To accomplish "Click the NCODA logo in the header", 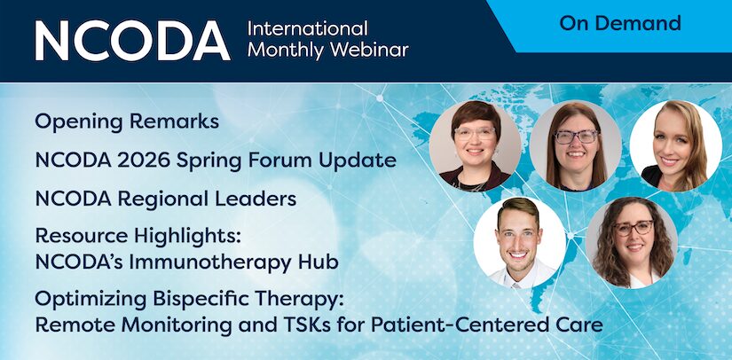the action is pos(132,41).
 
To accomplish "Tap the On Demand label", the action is pos(620,23).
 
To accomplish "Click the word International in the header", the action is pos(308,28).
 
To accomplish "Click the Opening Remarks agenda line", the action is pos(127,122).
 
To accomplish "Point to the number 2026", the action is pos(145,160).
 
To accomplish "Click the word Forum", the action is pos(280,160).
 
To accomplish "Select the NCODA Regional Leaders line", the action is pos(166,199).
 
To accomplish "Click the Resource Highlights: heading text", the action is pos(138,237).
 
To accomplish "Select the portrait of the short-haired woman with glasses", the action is pos(476,146).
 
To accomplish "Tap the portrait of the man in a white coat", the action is pos(520,243).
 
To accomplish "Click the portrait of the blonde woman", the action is pos(675,146).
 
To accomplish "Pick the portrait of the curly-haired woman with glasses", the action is pos(632,243).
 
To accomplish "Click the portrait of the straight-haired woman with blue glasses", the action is pos(576,146).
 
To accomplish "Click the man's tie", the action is pos(516,286).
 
